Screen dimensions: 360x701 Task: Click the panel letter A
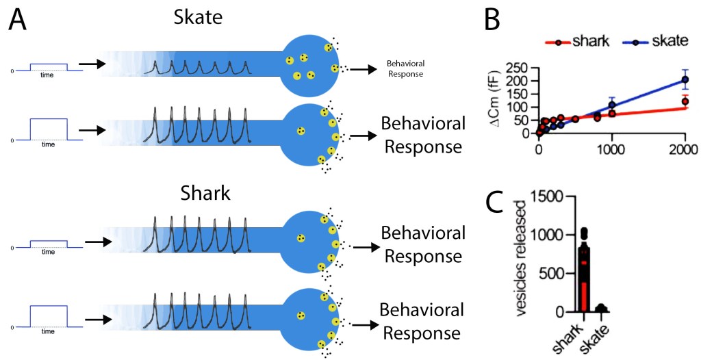18,21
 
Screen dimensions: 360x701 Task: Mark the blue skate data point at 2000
685,80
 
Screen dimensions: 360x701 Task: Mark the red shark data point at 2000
685,101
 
